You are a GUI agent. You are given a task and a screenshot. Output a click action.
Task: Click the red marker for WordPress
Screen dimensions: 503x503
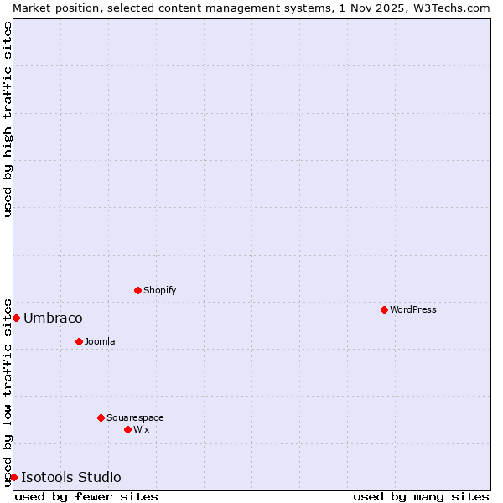384,309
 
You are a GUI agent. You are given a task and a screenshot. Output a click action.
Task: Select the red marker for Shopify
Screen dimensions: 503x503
137,290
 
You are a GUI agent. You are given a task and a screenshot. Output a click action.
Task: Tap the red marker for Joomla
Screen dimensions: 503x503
79,341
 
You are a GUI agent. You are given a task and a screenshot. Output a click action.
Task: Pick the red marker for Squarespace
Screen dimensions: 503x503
101,417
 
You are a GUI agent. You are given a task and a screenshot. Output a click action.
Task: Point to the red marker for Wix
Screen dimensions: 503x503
127,429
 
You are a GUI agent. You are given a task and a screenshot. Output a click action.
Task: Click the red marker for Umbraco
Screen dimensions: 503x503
16,318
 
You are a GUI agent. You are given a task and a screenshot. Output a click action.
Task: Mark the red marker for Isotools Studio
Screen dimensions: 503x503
13,477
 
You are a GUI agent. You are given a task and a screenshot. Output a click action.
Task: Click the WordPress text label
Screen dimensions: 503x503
413,309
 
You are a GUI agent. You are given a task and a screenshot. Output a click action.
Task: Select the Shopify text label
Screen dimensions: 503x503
159,290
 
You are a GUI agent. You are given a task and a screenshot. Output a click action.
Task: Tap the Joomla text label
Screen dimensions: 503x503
100,341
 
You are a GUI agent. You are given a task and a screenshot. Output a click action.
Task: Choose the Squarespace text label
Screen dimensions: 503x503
135,417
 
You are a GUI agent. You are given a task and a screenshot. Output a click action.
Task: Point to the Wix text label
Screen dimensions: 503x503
141,429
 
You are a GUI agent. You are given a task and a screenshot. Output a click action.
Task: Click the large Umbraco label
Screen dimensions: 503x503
53,318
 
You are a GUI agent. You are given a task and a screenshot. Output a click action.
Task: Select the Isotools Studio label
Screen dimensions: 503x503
71,477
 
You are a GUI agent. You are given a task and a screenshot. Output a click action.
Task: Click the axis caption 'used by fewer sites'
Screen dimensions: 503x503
86,496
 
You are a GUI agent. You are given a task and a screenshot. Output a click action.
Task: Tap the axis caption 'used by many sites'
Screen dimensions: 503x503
421,496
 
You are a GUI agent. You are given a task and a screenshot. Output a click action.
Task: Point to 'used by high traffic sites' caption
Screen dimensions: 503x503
8,119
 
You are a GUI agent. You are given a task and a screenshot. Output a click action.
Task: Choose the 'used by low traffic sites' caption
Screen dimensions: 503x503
8,392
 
